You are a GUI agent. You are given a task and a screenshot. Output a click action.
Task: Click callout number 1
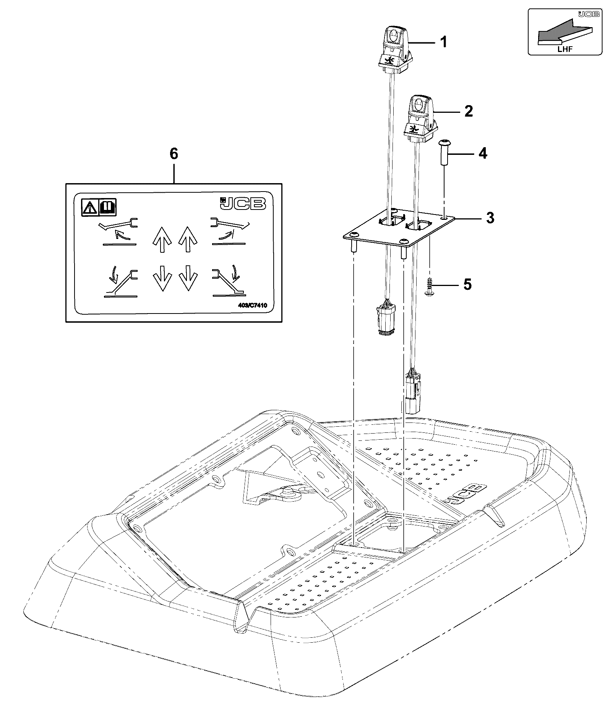[x=443, y=42]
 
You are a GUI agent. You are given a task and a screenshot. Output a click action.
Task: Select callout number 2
[x=468, y=111]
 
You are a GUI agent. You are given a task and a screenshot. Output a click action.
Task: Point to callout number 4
[x=483, y=153]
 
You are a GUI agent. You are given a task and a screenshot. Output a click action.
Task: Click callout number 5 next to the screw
[x=468, y=284]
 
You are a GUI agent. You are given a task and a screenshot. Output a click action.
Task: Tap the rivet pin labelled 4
[x=444, y=152]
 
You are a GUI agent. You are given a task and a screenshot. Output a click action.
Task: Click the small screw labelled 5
[x=430, y=286]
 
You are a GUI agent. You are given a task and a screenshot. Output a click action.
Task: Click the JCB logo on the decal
[x=243, y=203]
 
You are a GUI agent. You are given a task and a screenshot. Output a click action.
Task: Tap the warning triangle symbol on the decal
[x=90, y=207]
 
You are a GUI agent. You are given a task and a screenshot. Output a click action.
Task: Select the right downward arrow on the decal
[x=188, y=278]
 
